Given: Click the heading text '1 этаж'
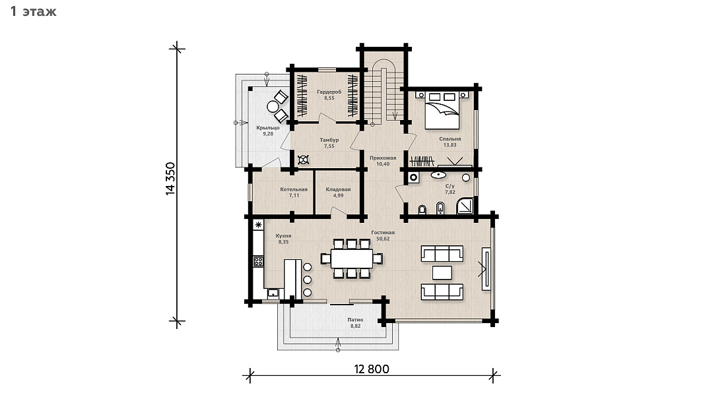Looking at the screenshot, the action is pyautogui.click(x=33, y=11).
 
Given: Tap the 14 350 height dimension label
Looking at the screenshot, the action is pyautogui.click(x=170, y=178).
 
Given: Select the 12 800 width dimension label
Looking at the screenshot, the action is pyautogui.click(x=372, y=369).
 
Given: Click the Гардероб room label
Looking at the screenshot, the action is pyautogui.click(x=329, y=92).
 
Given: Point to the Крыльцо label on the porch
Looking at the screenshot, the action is pyautogui.click(x=267, y=128).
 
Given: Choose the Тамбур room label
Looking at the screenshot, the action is pyautogui.click(x=329, y=140).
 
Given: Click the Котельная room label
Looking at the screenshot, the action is pyautogui.click(x=294, y=189).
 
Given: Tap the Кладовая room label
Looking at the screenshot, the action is pyautogui.click(x=338, y=189).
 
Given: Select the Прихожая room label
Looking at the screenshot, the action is pyautogui.click(x=383, y=158).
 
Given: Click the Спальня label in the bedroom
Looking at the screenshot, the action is pyautogui.click(x=450, y=139).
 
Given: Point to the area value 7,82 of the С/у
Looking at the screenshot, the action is pyautogui.click(x=450, y=192).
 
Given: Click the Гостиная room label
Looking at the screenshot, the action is pyautogui.click(x=383, y=232).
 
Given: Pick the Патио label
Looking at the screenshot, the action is pyautogui.click(x=355, y=320).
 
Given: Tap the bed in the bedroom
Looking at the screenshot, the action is pyautogui.click(x=442, y=109).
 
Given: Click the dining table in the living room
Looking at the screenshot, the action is pyautogui.click(x=351, y=258).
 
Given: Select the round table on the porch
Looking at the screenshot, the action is pyautogui.click(x=273, y=107).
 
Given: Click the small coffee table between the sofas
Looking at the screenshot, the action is pyautogui.click(x=442, y=273).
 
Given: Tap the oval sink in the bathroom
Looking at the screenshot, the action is pyautogui.click(x=438, y=175).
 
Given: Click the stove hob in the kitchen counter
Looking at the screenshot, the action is pyautogui.click(x=258, y=261).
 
